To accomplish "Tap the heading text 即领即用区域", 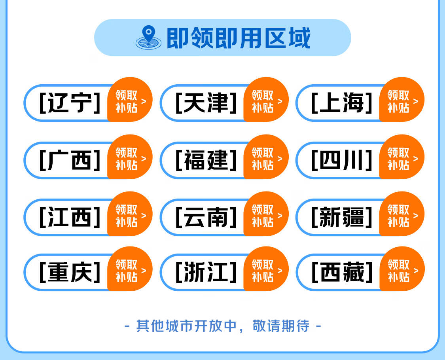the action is (x=239, y=38).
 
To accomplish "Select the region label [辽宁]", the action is (x=70, y=102).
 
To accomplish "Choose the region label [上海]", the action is (x=341, y=102).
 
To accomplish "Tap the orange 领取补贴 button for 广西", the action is (x=130, y=157).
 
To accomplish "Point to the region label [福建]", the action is (x=206, y=160).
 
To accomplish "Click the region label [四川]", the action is (x=341, y=160).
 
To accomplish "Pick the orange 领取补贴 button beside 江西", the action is (x=130, y=214).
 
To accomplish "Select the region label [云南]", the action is (x=206, y=217).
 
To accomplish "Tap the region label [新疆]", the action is (x=341, y=217).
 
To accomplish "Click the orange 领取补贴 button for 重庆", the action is (x=130, y=269).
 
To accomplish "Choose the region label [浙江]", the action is (x=206, y=272).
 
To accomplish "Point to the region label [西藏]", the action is (x=342, y=272).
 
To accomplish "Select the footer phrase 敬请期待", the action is (x=281, y=326).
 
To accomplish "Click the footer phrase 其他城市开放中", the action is (x=186, y=326).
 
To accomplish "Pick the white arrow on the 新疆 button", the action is (x=416, y=216).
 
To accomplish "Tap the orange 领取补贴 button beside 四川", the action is (x=402, y=157).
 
